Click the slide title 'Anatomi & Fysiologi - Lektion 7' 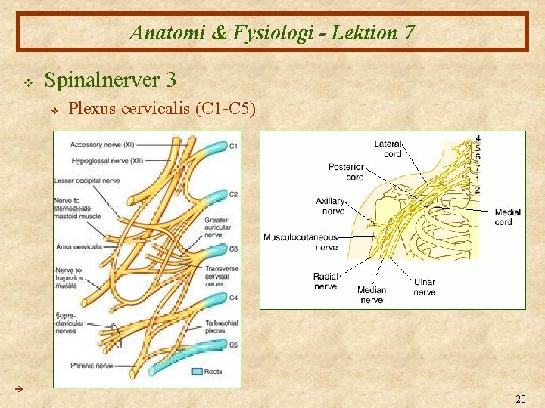point(272,32)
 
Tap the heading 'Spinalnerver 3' point(111,79)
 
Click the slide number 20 point(520,399)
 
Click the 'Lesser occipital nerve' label point(86,180)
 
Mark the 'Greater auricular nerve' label point(218,227)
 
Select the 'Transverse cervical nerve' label point(222,276)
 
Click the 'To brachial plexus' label point(222,326)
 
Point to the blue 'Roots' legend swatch point(199,371)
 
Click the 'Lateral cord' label point(388,149)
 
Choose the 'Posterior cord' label point(346,172)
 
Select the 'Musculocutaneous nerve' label point(301,242)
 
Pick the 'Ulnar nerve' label point(424,287)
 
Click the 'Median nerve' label point(371,295)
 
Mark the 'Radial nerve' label point(325,281)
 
